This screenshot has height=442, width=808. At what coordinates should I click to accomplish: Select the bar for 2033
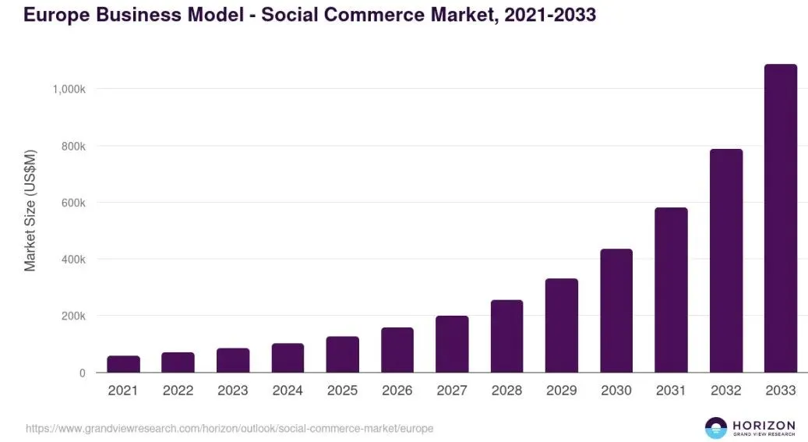[x=780, y=218]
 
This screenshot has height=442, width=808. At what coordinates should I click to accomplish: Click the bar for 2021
[x=123, y=364]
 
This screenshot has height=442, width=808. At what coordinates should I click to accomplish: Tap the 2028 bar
[x=506, y=336]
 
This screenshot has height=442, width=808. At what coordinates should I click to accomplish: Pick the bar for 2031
[x=671, y=290]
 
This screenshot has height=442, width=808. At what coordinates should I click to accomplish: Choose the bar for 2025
[x=342, y=354]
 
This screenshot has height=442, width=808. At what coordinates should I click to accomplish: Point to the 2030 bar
[x=616, y=310]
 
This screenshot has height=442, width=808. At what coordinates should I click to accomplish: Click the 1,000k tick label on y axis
[x=69, y=90]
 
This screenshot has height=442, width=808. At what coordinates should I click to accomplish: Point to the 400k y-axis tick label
[x=73, y=260]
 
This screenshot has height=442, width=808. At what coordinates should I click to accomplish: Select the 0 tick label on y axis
[x=82, y=373]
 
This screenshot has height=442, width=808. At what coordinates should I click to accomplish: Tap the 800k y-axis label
[x=73, y=147]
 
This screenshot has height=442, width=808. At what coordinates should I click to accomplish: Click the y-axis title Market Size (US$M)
[x=30, y=210]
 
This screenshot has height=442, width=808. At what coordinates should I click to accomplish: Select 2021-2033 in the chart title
[x=549, y=14]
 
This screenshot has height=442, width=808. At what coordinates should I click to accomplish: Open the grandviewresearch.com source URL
[x=229, y=428]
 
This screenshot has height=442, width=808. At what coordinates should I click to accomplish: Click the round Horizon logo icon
[x=715, y=427]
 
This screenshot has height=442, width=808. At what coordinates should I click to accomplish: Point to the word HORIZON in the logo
[x=764, y=423]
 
